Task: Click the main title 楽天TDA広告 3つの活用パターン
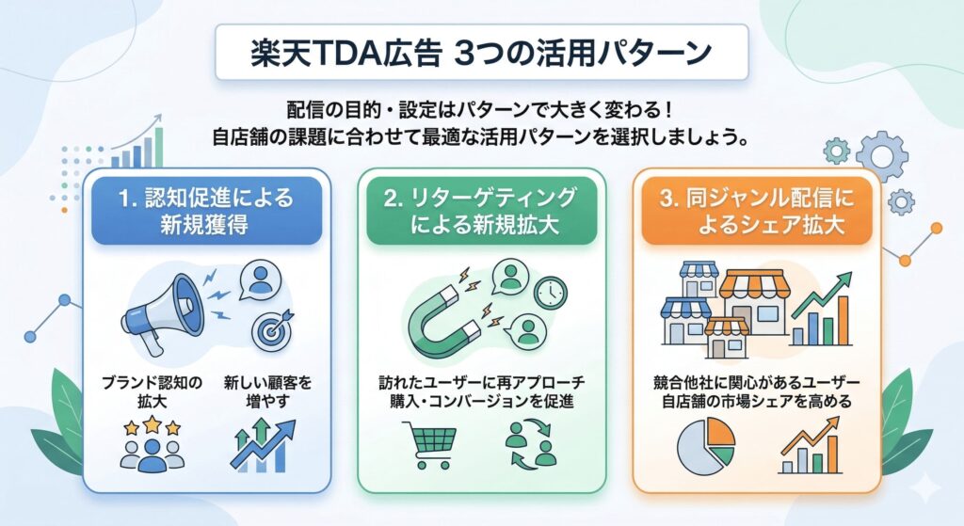pyautogui.click(x=481, y=53)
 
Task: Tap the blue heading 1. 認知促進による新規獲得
pyautogui.click(x=206, y=212)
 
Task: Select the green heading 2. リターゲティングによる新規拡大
pyautogui.click(x=482, y=212)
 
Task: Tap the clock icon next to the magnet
pyautogui.click(x=550, y=294)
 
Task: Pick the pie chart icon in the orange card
pyautogui.click(x=707, y=443)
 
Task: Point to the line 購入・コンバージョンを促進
pyautogui.click(x=482, y=403)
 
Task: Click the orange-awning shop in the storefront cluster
pyautogui.click(x=753, y=292)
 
